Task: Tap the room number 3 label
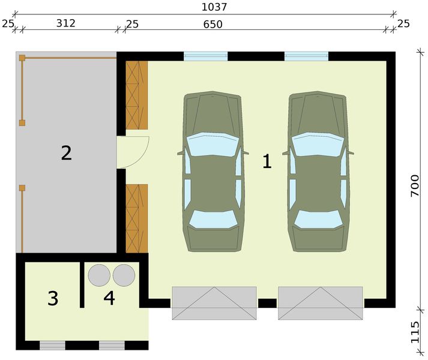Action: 53,298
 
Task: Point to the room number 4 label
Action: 109,298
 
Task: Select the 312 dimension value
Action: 65,23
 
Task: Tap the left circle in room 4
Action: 99,275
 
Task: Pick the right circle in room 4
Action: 124,275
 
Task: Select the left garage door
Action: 214,303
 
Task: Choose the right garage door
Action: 320,303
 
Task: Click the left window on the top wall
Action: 205,56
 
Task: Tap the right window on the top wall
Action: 306,56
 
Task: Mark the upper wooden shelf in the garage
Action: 137,95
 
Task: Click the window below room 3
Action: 52,345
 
